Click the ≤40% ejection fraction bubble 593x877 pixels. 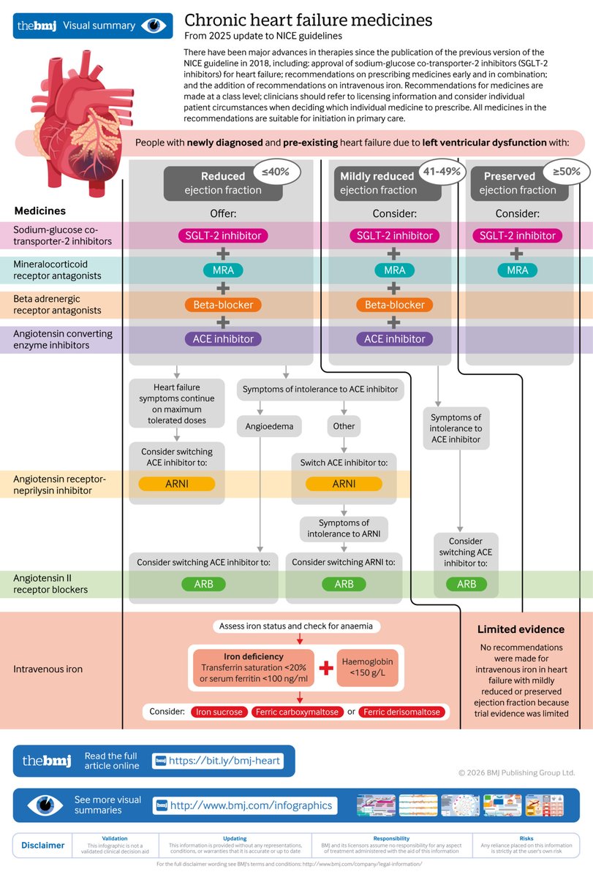271,173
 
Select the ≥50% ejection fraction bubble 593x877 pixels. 565,173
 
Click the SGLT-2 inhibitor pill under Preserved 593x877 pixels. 518,235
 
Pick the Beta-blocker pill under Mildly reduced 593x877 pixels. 394,305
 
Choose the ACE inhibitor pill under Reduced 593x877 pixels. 222,339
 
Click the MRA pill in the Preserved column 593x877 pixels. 518,270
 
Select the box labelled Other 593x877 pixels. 344,426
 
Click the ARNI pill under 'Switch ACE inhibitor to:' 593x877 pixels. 344,484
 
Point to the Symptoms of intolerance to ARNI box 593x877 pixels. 344,528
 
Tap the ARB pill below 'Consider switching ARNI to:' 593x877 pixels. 344,584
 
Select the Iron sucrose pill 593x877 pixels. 219,712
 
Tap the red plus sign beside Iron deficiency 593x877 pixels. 325,667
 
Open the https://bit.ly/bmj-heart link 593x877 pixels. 224,761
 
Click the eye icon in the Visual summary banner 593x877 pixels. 154,26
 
